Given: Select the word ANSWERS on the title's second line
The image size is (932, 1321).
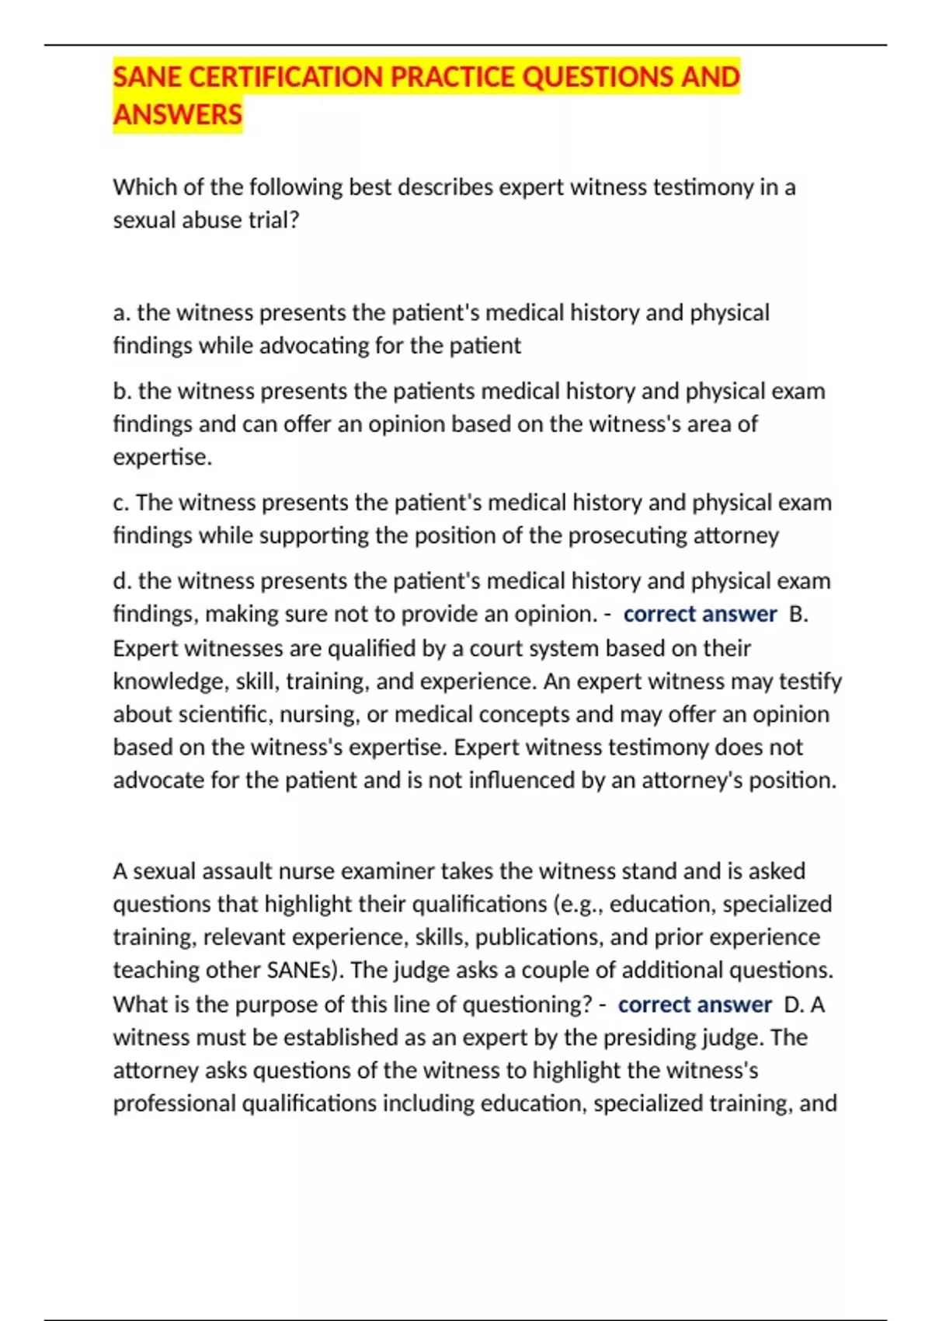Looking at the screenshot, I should pyautogui.click(x=178, y=114).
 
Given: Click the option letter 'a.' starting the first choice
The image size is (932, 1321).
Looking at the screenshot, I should pyautogui.click(x=122, y=312).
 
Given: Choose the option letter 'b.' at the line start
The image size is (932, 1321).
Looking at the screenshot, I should pyautogui.click(x=123, y=390).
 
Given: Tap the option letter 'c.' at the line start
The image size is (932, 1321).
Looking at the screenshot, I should pyautogui.click(x=122, y=502).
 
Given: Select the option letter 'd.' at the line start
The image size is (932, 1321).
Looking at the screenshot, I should pyautogui.click(x=123, y=580).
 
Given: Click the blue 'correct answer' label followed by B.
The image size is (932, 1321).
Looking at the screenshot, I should pyautogui.click(x=700, y=614).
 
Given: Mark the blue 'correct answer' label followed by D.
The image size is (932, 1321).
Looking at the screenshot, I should pyautogui.click(x=694, y=1004).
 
